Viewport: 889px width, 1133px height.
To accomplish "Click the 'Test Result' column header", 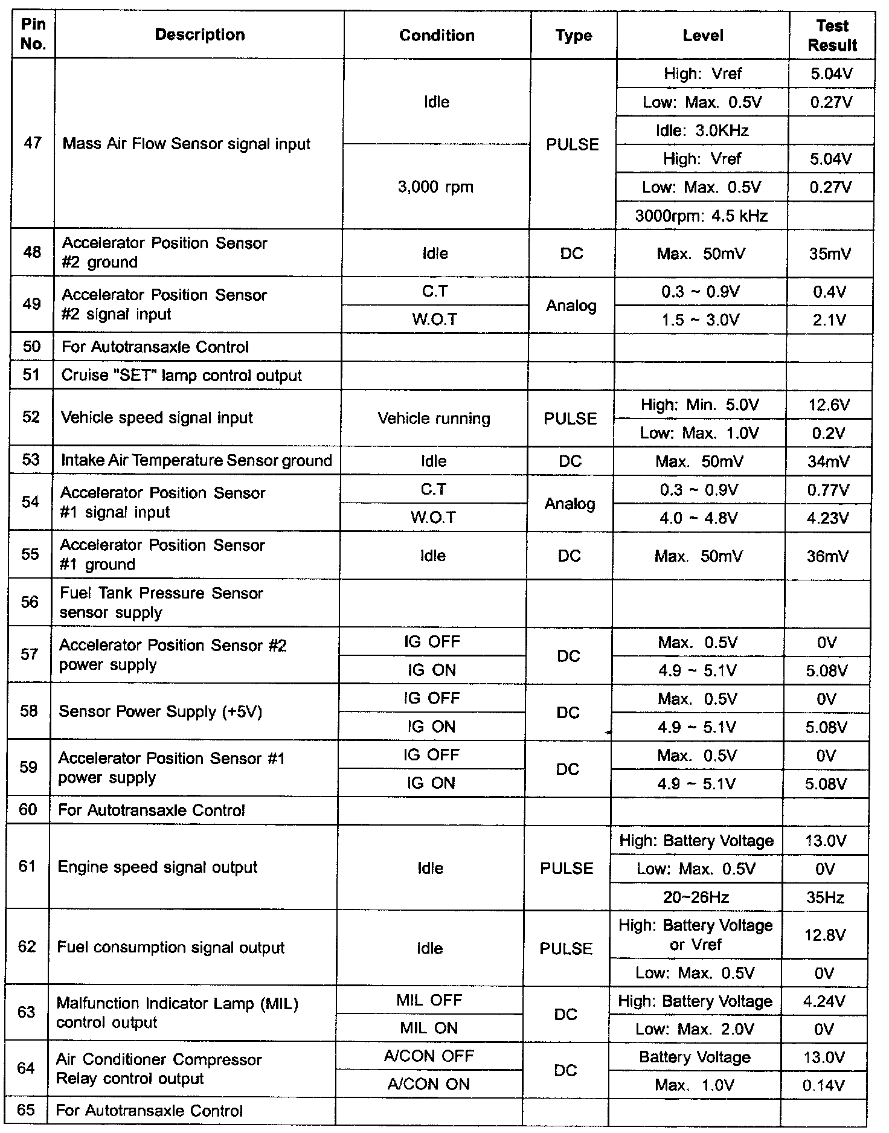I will [x=832, y=35].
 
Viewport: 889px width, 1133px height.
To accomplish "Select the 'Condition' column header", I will [x=437, y=35].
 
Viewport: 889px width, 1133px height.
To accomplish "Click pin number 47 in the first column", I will [x=33, y=143].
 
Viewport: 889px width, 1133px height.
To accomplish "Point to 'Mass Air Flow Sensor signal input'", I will [x=186, y=144].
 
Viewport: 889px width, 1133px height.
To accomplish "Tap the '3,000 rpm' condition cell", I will [x=435, y=187].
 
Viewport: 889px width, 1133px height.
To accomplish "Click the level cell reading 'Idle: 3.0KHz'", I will [x=702, y=130].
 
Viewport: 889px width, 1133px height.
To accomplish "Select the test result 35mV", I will [x=830, y=254].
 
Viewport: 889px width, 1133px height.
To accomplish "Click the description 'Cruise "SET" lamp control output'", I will [x=181, y=376].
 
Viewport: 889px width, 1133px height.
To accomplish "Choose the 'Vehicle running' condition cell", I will [x=434, y=419].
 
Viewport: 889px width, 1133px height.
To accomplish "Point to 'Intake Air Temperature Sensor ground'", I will [x=196, y=461].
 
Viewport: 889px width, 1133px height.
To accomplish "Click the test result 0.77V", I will [x=827, y=490].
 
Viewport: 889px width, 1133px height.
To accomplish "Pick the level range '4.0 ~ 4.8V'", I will [x=699, y=518].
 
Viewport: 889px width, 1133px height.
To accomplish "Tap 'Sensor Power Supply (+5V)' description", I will [x=160, y=711].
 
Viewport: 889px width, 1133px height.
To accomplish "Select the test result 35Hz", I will [x=825, y=897].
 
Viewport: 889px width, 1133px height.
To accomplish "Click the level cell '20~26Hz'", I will [x=696, y=897].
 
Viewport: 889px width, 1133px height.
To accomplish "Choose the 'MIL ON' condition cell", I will [x=429, y=1028].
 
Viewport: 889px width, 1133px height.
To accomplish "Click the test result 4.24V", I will [x=824, y=1001].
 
